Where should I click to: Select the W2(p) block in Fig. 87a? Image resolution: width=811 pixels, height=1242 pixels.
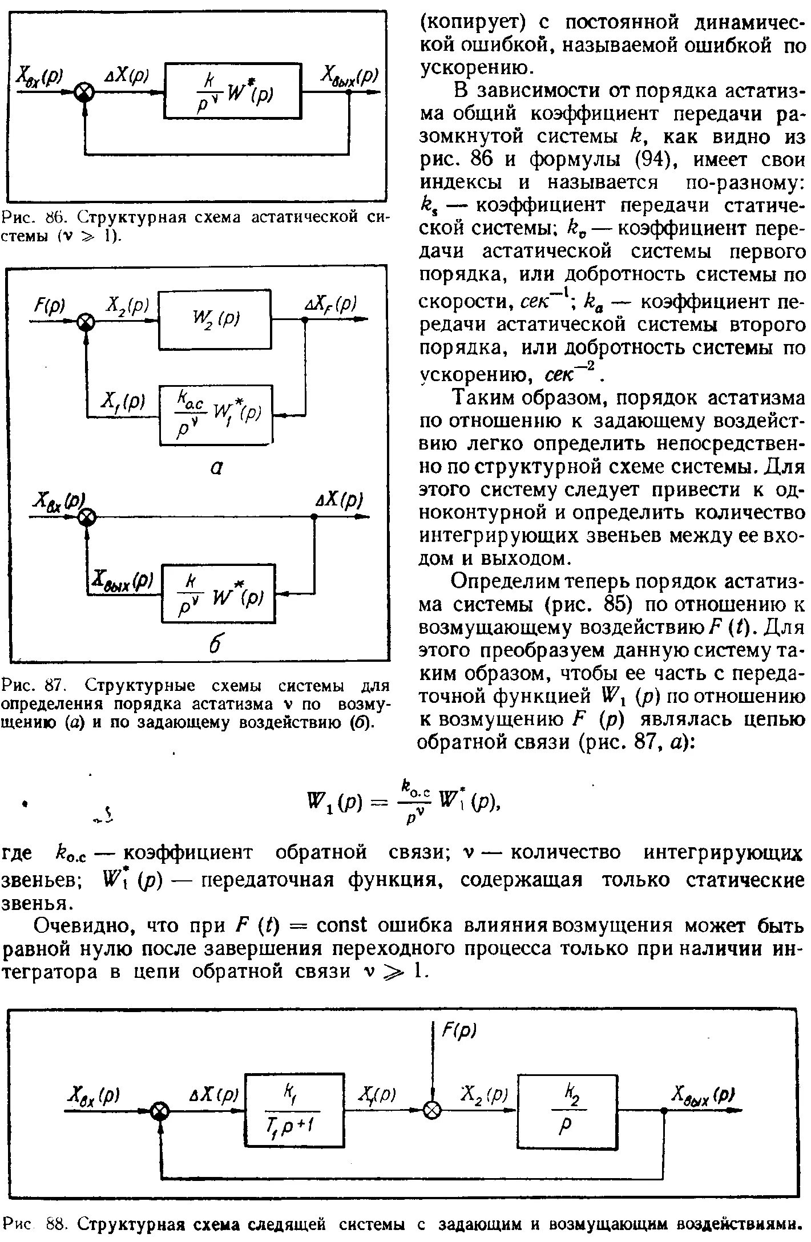[215, 320]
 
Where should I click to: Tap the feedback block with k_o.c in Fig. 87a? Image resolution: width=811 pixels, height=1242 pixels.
[216, 415]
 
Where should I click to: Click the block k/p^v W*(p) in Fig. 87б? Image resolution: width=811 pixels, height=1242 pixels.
[219, 594]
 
